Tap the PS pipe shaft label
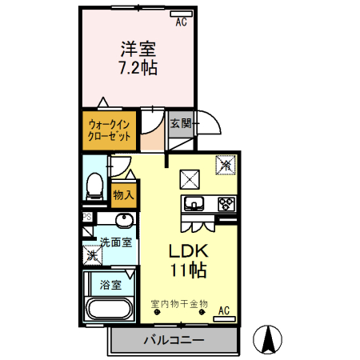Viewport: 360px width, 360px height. point(86,217)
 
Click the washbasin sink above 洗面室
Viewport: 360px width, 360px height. point(125,222)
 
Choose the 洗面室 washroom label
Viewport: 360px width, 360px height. point(116,242)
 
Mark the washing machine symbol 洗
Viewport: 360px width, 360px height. point(94,257)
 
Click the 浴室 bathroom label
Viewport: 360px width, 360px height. point(110,283)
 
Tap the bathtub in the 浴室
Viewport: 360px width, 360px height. point(109,309)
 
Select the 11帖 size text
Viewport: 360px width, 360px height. point(189,270)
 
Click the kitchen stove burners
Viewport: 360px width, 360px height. point(225,202)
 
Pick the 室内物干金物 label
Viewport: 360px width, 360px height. point(178,303)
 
